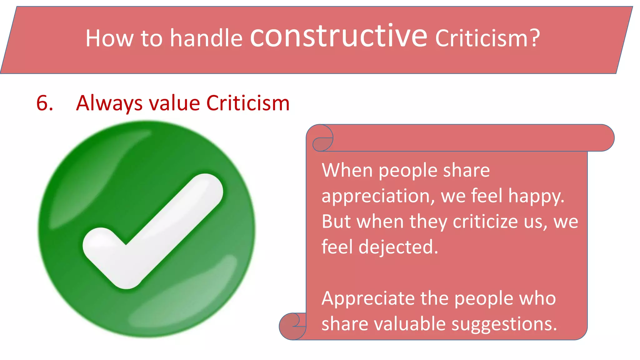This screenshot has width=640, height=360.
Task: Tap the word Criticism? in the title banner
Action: point(487,38)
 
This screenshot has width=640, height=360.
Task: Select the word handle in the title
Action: point(206,38)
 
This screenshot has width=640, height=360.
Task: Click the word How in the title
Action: point(109,38)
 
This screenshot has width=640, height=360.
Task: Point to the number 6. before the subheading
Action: point(45,103)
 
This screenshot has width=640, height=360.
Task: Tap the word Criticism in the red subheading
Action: point(248,103)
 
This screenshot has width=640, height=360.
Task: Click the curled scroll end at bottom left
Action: point(292,326)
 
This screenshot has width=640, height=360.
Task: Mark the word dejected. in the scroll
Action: point(398,247)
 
